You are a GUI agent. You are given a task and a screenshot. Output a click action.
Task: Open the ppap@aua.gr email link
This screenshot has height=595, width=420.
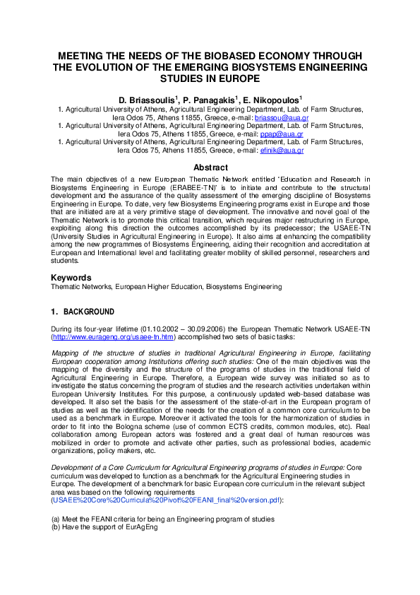pyautogui.click(x=280, y=134)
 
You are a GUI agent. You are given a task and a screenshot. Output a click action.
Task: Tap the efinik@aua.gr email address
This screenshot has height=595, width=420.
pyautogui.click(x=282, y=151)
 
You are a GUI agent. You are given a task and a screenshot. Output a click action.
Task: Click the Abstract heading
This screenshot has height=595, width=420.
pyautogui.click(x=210, y=167)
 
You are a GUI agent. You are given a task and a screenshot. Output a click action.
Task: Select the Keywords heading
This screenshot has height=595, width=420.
pyautogui.click(x=73, y=278)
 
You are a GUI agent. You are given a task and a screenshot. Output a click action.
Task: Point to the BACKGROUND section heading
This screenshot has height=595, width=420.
pyautogui.click(x=88, y=312)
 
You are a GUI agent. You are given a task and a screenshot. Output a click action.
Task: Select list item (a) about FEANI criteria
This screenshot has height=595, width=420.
pyautogui.click(x=162, y=519)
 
